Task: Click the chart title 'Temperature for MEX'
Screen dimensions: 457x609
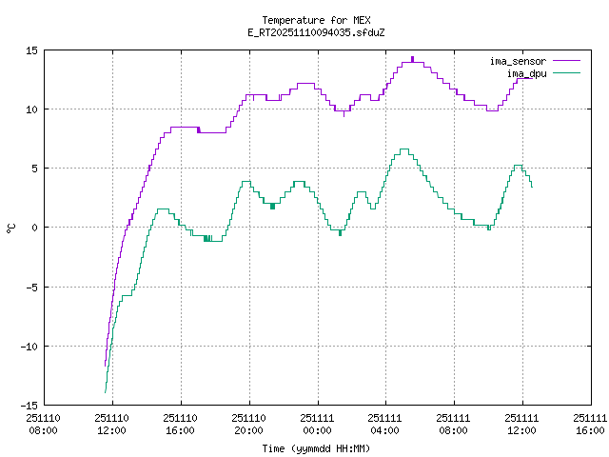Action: click(x=316, y=20)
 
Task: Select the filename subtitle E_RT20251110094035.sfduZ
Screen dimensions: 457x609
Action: click(x=316, y=31)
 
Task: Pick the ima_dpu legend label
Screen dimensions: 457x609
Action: click(x=526, y=72)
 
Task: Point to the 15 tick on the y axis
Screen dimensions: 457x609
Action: click(x=31, y=50)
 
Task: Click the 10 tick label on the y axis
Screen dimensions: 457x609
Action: click(x=31, y=109)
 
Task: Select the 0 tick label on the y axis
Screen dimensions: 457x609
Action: click(x=34, y=228)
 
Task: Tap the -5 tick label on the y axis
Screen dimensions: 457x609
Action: click(x=31, y=287)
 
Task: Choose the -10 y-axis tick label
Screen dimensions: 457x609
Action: click(x=29, y=346)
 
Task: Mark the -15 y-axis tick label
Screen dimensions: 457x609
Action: click(x=29, y=405)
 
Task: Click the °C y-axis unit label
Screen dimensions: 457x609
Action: click(x=11, y=228)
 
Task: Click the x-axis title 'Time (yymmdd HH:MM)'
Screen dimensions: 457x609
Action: click(x=316, y=447)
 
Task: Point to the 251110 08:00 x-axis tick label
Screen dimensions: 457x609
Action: click(x=44, y=424)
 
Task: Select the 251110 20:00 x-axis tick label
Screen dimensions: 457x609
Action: click(x=248, y=424)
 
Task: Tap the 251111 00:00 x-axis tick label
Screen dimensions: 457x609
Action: click(x=317, y=424)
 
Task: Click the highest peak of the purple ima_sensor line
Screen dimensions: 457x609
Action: click(x=413, y=59)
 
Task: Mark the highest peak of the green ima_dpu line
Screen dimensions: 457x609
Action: click(x=403, y=149)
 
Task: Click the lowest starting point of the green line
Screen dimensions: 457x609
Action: click(x=105, y=392)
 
